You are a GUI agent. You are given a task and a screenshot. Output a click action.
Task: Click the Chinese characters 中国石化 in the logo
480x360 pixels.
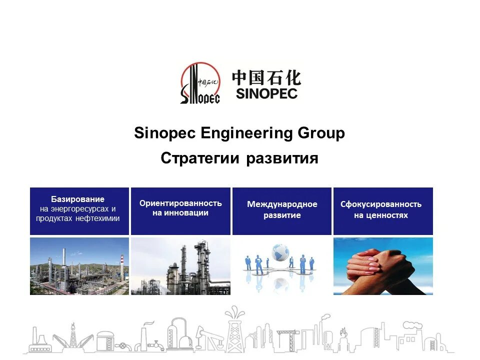(x=266, y=77)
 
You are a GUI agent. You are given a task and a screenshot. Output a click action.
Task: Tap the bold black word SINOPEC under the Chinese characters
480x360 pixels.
(x=266, y=93)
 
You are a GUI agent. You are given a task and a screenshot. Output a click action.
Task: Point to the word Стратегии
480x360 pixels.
(x=201, y=158)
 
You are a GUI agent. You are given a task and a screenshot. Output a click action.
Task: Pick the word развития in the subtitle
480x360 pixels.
(x=282, y=159)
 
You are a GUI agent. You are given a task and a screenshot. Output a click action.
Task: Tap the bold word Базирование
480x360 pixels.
(x=78, y=199)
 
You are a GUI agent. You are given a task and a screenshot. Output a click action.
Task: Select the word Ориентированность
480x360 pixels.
(x=180, y=203)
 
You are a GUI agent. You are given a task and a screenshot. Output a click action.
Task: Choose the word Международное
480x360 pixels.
(x=282, y=204)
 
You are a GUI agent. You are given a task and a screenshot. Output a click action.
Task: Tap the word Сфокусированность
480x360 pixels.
(x=381, y=204)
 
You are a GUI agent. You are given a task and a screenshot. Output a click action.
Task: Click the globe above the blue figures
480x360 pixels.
(x=280, y=250)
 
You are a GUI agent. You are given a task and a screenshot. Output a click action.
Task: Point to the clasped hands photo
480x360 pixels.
(x=383, y=266)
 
